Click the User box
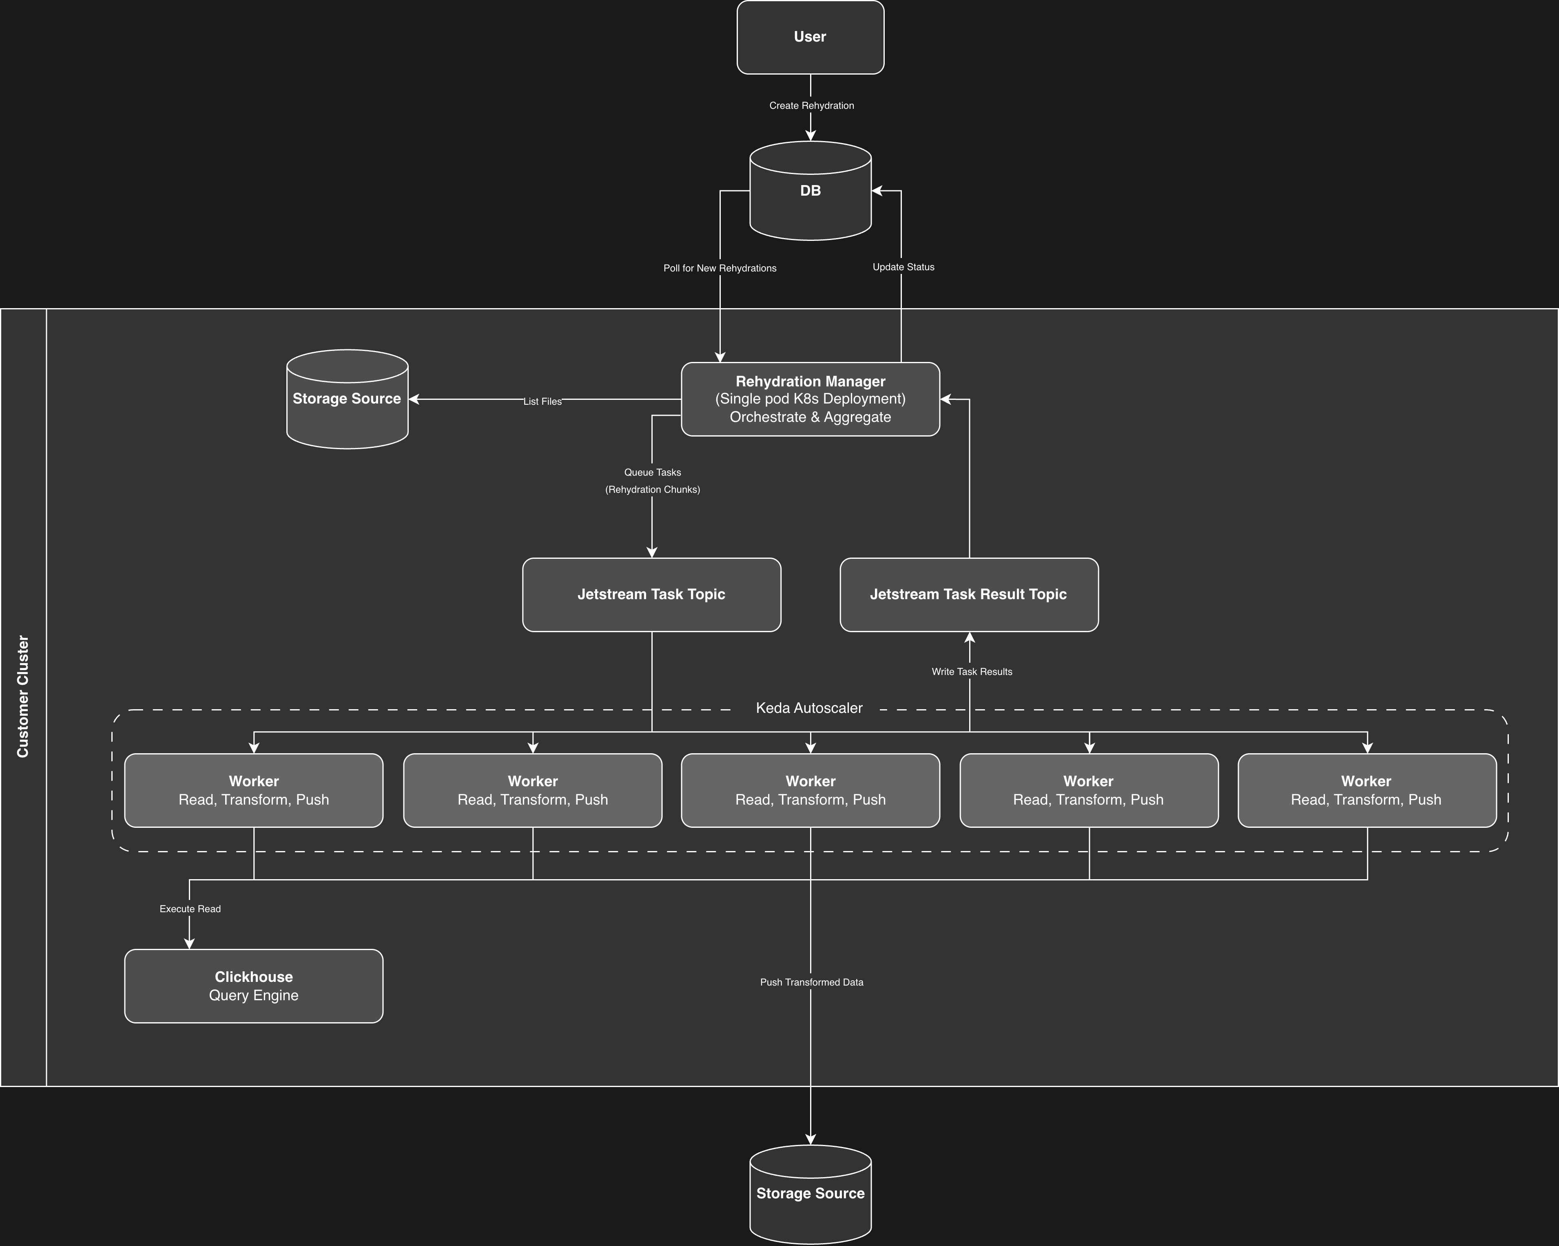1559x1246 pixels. click(810, 37)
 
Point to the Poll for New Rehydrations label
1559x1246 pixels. click(720, 268)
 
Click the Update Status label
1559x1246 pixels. click(903, 267)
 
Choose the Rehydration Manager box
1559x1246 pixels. click(810, 399)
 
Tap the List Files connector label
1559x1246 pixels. click(543, 401)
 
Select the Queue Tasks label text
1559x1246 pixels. click(652, 473)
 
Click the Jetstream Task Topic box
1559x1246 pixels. click(651, 594)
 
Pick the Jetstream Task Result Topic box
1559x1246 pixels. click(968, 594)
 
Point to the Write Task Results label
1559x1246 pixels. click(971, 671)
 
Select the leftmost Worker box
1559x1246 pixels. click(254, 790)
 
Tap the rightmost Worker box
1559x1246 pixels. click(1366, 790)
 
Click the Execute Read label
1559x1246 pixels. click(190, 909)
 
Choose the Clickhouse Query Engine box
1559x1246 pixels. click(254, 986)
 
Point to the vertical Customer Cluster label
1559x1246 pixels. click(23, 697)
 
